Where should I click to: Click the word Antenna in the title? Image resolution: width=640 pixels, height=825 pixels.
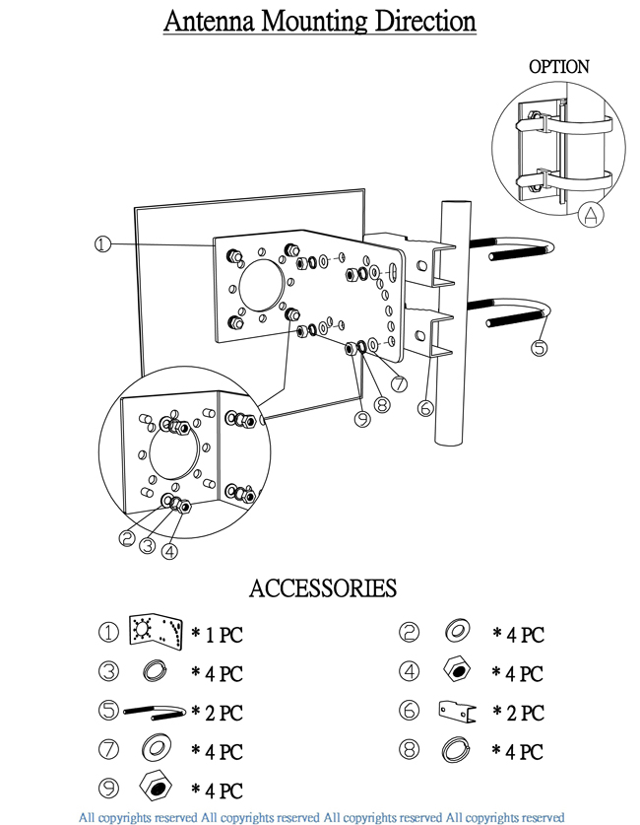(x=210, y=21)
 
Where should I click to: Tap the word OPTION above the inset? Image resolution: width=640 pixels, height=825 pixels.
(x=558, y=67)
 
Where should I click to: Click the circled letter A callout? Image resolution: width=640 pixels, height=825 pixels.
(x=591, y=215)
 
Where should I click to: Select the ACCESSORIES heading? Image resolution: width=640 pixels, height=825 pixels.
(x=323, y=588)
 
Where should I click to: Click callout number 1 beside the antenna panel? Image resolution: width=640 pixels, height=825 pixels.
(x=102, y=244)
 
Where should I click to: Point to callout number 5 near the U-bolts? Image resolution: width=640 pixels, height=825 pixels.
(x=540, y=347)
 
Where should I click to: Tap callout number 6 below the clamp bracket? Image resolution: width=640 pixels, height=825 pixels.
(x=425, y=408)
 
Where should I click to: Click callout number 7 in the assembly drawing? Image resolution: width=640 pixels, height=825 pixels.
(x=400, y=383)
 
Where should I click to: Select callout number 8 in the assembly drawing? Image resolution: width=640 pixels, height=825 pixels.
(x=382, y=404)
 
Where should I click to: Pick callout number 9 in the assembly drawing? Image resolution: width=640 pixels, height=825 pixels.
(x=362, y=418)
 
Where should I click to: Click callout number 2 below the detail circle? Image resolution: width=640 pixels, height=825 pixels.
(x=127, y=538)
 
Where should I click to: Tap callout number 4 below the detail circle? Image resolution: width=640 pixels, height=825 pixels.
(x=169, y=551)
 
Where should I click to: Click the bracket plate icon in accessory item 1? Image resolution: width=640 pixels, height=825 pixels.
(x=156, y=632)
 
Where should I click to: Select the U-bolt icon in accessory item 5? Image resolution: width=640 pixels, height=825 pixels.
(x=155, y=712)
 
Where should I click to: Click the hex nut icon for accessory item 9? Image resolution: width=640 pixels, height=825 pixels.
(x=157, y=787)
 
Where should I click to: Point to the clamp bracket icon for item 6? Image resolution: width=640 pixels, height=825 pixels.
(x=457, y=712)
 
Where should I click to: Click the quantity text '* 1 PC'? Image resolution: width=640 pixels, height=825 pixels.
(x=217, y=635)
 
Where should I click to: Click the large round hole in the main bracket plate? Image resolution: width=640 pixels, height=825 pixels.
(x=262, y=286)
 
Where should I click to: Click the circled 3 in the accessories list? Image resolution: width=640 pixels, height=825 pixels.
(x=108, y=671)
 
